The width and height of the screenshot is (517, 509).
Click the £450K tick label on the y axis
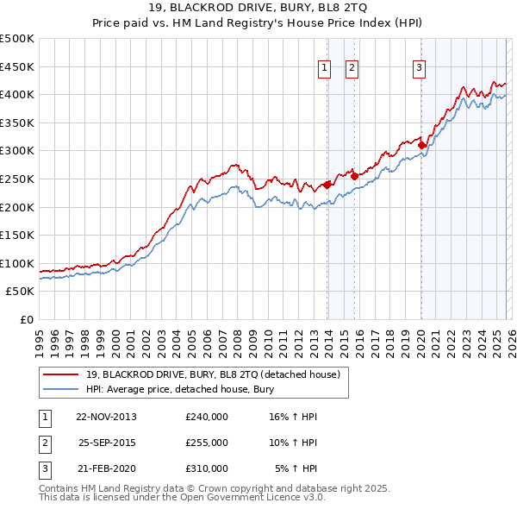click(17, 66)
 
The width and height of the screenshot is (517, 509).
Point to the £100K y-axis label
click(17, 263)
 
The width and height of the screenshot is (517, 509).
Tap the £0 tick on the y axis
click(26, 319)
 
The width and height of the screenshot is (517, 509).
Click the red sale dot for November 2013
click(327, 185)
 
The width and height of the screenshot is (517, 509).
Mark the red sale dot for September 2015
click(355, 176)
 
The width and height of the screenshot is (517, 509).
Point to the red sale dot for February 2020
click(421, 146)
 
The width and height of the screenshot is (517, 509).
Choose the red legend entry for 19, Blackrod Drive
click(213, 374)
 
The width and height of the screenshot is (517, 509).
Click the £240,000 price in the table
click(207, 417)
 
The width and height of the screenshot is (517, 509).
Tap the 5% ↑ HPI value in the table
click(296, 468)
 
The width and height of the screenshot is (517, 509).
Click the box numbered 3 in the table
click(44, 468)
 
